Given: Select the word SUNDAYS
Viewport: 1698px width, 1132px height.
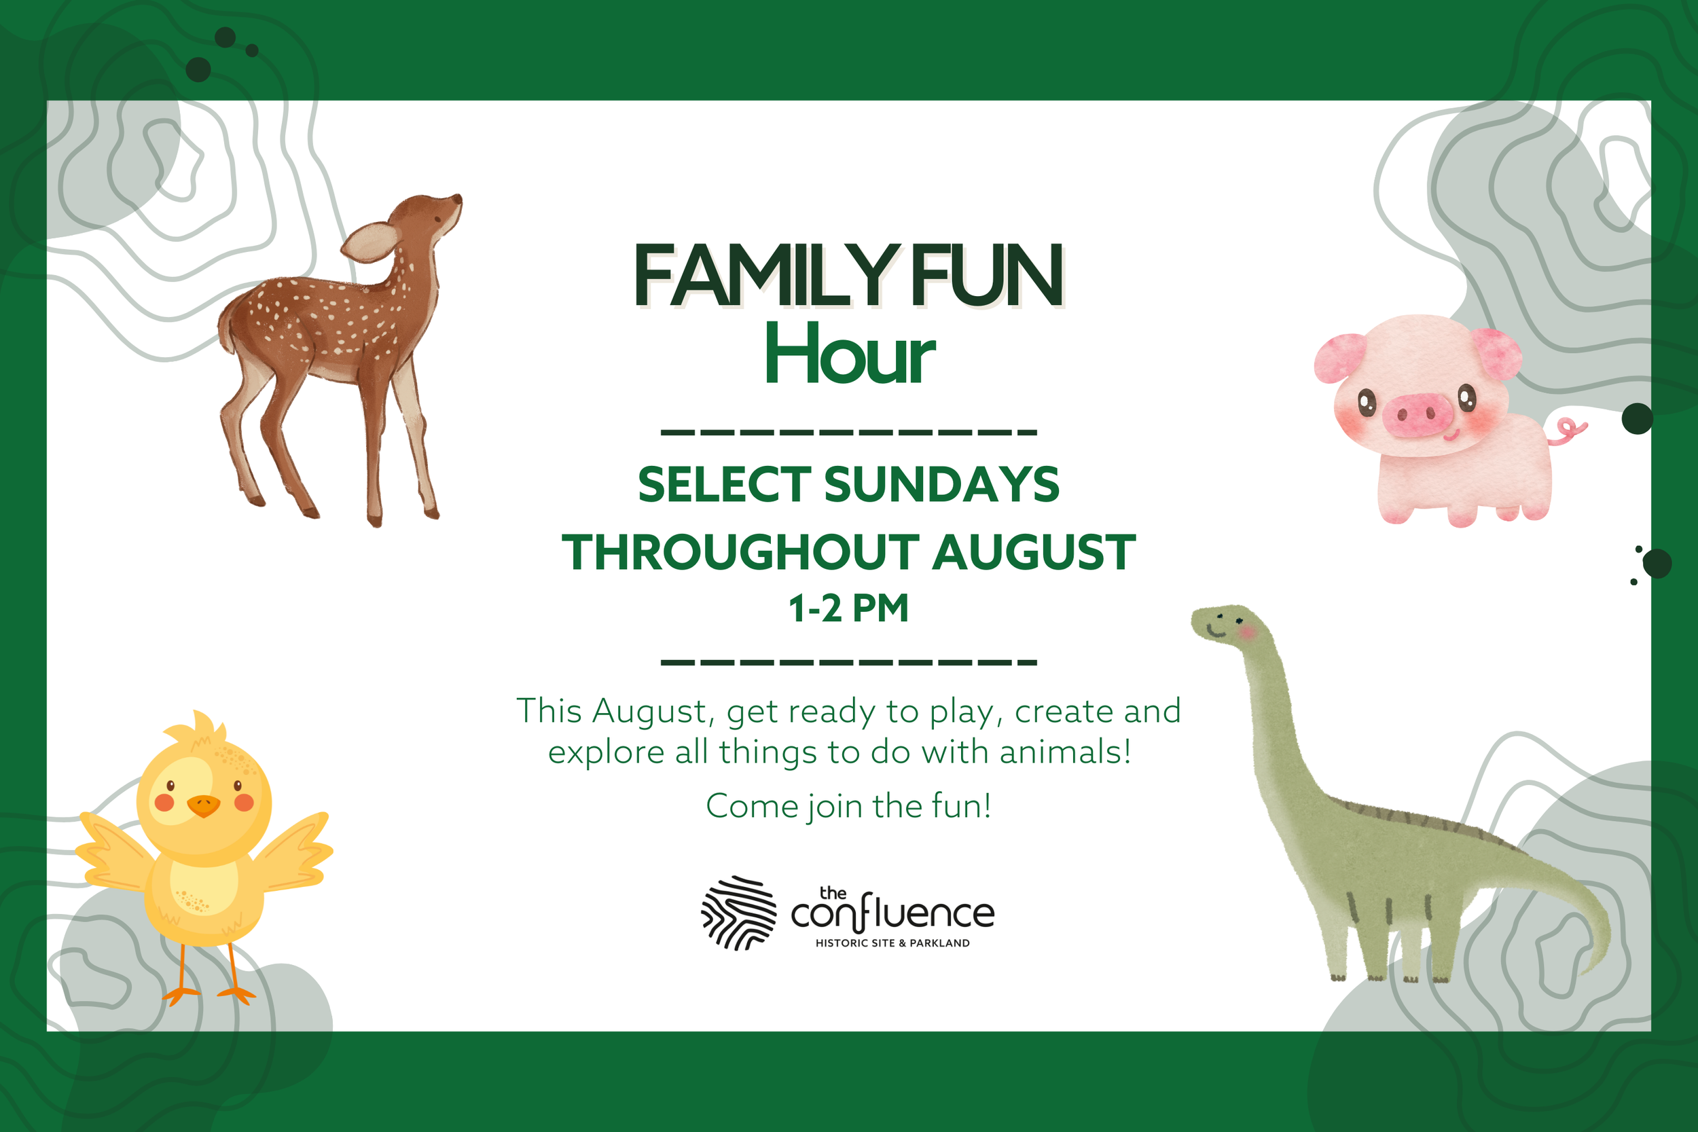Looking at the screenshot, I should click(x=941, y=484).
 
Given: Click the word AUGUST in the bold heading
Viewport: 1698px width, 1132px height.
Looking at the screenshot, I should click(x=1033, y=553).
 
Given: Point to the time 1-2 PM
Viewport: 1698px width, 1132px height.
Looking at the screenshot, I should click(x=848, y=608).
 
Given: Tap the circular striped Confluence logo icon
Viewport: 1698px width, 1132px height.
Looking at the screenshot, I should click(x=738, y=913).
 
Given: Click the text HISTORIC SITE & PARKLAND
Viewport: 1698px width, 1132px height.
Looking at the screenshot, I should click(x=892, y=943).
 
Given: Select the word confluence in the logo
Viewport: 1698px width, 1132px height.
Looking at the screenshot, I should click(x=892, y=915).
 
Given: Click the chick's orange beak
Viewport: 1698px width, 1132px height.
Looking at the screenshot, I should click(x=203, y=805).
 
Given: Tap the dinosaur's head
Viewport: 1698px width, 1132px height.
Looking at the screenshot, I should click(x=1224, y=623).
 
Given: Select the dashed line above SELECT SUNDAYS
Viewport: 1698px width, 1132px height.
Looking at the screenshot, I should click(x=848, y=433).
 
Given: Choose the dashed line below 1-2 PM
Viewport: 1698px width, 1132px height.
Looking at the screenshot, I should click(x=848, y=662).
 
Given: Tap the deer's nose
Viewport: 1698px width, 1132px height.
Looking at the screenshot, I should click(x=458, y=198).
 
